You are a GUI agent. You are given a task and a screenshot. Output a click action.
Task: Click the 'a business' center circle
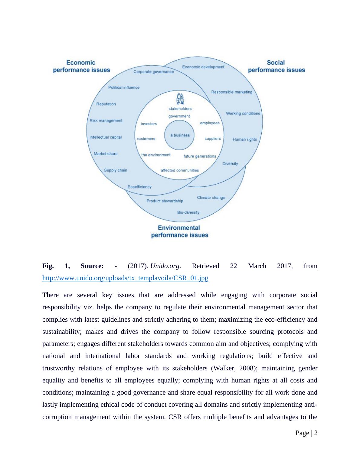180,135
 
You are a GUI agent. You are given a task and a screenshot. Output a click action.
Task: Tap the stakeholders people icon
180,99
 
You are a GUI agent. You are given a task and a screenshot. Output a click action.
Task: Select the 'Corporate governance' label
154,72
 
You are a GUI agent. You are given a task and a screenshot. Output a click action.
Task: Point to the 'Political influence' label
124,87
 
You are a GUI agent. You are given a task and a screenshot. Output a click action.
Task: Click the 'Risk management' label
106,120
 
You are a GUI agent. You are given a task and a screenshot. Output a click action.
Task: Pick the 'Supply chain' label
116,170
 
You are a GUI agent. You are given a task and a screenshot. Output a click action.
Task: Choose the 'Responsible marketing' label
231,92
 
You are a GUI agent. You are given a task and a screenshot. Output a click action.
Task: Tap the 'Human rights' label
244,139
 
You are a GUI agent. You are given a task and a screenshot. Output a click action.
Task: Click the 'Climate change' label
211,198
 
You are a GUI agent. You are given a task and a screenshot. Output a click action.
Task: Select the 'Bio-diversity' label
188,212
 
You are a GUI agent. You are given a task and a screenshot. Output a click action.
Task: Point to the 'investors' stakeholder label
149,124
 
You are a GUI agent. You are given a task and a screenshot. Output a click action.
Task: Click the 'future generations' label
200,156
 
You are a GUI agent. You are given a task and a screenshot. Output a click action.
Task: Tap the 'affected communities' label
180,170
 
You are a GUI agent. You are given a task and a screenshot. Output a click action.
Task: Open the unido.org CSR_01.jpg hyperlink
125,278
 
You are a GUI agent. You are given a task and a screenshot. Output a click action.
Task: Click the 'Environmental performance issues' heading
179,231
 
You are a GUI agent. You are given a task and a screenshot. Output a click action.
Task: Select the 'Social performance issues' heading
276,66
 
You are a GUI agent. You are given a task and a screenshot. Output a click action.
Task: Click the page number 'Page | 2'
306,433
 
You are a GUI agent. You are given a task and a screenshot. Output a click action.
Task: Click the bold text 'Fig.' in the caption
48,266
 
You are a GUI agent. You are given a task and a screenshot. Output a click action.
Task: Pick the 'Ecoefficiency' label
139,187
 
